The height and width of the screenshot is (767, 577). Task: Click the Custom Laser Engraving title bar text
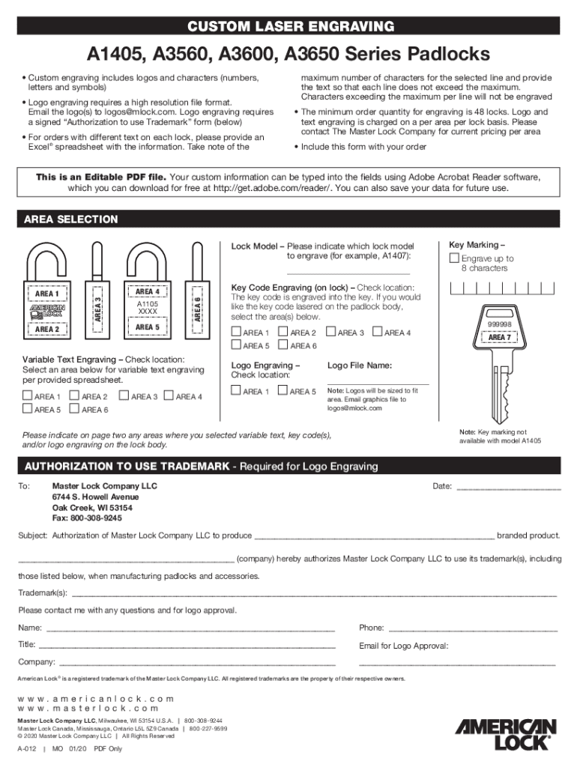point(288,28)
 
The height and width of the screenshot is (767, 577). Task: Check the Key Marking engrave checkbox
point(453,258)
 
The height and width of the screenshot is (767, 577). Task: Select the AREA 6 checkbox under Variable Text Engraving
point(74,409)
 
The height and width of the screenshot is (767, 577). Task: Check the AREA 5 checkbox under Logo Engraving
point(283,390)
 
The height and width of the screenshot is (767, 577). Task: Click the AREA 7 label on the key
point(500,337)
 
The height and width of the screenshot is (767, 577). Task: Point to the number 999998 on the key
point(500,324)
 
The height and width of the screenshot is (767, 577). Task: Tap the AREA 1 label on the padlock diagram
point(47,294)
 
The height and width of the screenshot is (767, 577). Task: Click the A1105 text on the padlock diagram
point(148,304)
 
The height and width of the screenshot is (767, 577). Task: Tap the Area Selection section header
point(71,219)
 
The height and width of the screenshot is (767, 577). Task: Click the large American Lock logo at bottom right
point(507,734)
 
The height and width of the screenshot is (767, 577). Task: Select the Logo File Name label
point(359,366)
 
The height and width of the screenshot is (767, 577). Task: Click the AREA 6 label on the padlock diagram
point(197,308)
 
